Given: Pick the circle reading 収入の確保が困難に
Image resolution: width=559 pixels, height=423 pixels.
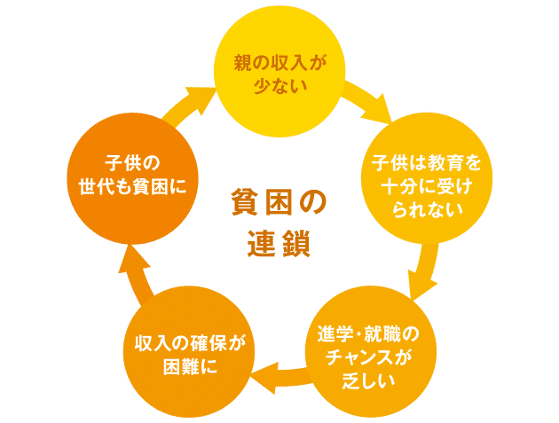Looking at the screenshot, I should pos(182,353).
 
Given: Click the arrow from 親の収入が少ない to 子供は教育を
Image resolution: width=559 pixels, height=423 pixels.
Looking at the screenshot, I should pos(366,100).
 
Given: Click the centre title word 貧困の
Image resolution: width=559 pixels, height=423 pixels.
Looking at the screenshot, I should pos(278,201).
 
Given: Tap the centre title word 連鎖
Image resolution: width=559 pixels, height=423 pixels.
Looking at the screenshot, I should pos(278,242).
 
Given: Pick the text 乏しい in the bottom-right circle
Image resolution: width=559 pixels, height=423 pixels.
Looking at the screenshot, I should pos(366,380).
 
